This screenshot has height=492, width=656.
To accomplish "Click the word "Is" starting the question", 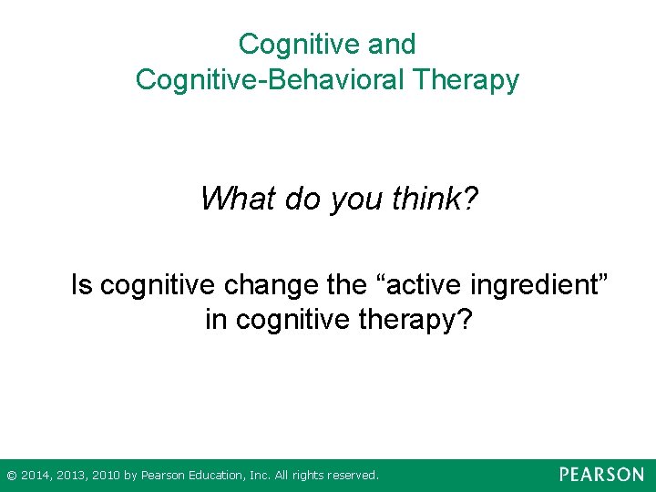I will [82, 286].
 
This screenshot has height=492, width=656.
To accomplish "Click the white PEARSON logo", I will [601, 475].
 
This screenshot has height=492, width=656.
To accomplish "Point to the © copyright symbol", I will [11, 476].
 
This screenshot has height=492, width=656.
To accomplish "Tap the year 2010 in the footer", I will [107, 476].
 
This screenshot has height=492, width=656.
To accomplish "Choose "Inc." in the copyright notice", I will [260, 476].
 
